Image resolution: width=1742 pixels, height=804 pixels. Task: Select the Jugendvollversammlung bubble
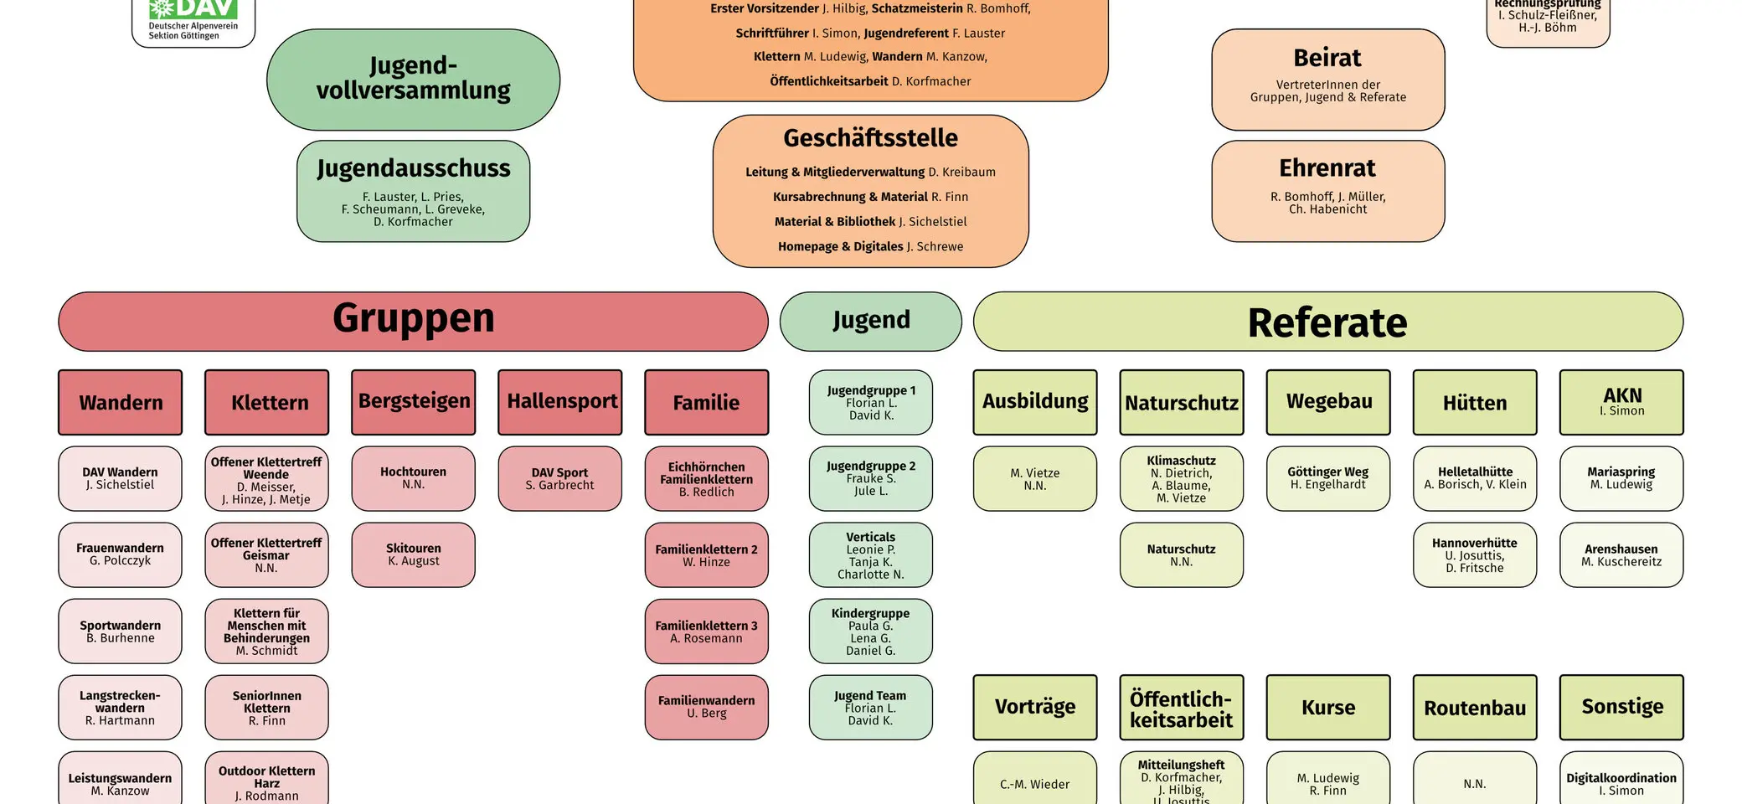click(413, 80)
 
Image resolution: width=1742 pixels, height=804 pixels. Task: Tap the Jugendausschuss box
click(413, 191)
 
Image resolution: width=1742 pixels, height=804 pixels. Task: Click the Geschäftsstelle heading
click(870, 138)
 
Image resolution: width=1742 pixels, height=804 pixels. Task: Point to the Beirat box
click(1327, 80)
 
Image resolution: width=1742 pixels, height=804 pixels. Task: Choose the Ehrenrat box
click(1327, 191)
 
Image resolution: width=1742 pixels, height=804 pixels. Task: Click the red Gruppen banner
click(413, 321)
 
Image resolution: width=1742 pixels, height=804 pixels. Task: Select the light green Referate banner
click(1327, 322)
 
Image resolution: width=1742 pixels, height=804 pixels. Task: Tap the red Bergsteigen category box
click(414, 402)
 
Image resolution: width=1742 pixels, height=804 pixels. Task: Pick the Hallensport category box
click(560, 402)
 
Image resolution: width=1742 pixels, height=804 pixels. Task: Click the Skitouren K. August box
click(414, 554)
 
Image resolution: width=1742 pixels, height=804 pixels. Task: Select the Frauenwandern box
click(120, 554)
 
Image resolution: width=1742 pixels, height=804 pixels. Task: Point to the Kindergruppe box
click(870, 631)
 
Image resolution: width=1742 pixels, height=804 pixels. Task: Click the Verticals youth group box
click(870, 554)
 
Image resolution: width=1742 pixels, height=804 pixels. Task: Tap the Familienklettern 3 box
click(706, 631)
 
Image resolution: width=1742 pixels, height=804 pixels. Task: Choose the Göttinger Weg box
click(1327, 478)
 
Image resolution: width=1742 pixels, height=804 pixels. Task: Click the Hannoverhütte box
click(1474, 554)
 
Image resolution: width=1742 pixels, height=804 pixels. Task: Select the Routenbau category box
click(1474, 707)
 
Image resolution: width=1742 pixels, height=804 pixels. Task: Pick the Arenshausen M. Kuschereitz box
click(1621, 554)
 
